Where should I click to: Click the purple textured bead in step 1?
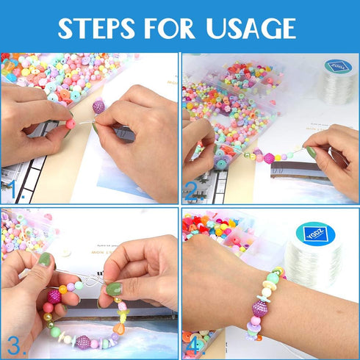[x=98, y=107]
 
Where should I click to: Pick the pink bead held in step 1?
[x=71, y=124]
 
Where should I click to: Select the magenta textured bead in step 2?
[x=269, y=158]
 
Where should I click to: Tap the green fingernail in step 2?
[x=312, y=153]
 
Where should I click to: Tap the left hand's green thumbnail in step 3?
[x=46, y=259]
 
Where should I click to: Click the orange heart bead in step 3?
[x=118, y=328]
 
